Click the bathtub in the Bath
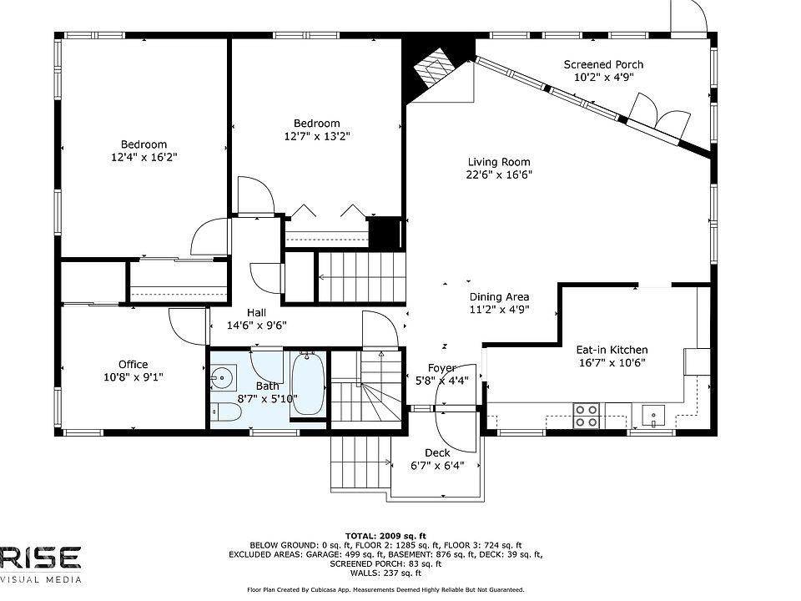coord(308,384)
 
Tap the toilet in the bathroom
coord(225,412)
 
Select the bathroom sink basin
coord(224,378)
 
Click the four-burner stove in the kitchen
coord(586,416)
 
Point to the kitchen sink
coord(652,415)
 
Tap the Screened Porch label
coord(603,64)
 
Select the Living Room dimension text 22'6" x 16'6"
coord(499,174)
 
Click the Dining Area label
coord(499,297)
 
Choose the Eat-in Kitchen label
coord(612,350)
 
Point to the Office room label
coord(133,365)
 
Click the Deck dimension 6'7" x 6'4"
coord(437,466)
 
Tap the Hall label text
coord(256,313)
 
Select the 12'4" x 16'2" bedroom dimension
coord(144,157)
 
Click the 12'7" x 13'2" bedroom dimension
coord(317,136)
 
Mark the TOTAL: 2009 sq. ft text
coord(385,536)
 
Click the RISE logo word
coord(40,558)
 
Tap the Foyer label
coord(442,368)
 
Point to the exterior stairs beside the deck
coord(360,462)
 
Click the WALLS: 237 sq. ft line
coord(385,573)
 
